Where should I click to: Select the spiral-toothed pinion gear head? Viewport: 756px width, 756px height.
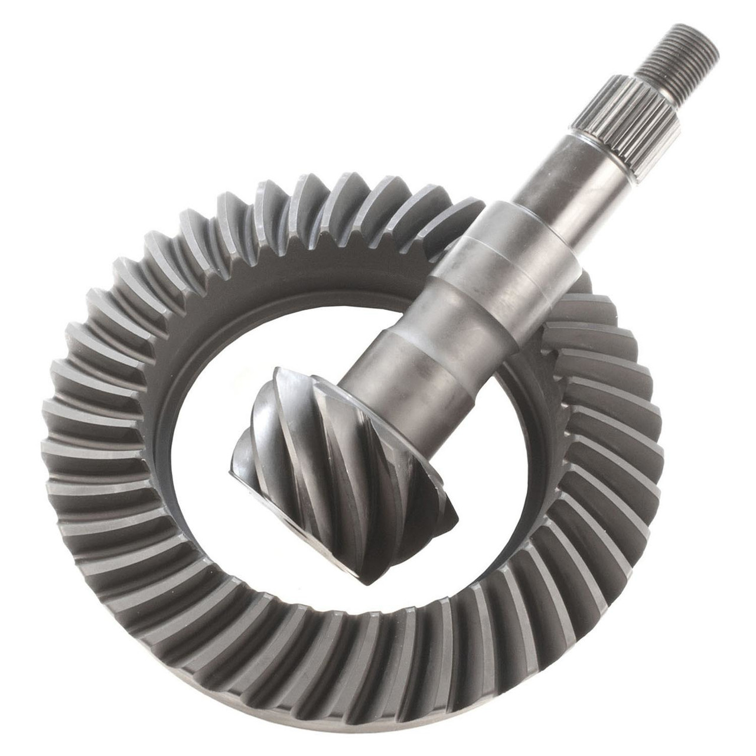[x=343, y=461]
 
